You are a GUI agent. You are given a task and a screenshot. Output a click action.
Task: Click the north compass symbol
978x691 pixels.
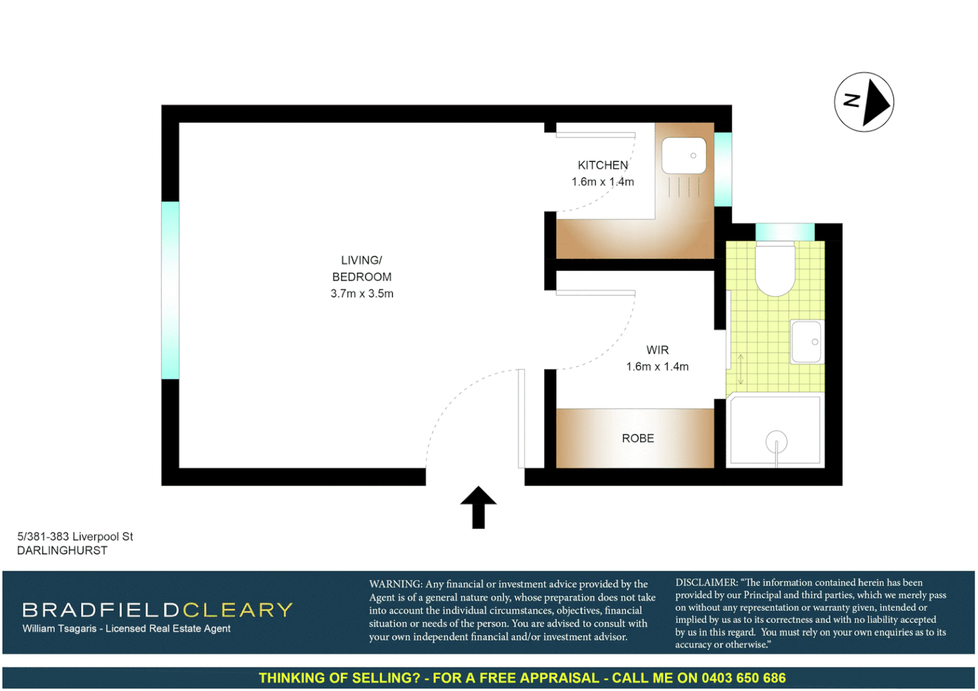click(x=863, y=102)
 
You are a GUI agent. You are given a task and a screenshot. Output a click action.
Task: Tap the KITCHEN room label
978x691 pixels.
click(x=602, y=165)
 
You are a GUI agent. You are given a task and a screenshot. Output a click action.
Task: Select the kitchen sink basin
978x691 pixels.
click(x=684, y=155)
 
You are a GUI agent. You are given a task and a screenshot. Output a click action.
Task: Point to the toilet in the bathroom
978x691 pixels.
click(x=775, y=269)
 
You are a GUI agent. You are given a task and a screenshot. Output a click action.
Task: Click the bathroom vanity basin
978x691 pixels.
click(x=806, y=342)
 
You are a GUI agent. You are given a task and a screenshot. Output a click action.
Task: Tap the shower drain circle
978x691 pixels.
click(x=776, y=441)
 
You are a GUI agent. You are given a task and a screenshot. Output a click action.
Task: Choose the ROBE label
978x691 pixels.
click(x=637, y=438)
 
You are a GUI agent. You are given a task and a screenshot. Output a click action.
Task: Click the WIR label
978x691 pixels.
click(x=657, y=350)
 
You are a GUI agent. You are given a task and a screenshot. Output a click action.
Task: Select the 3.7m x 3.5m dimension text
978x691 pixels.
click(x=362, y=294)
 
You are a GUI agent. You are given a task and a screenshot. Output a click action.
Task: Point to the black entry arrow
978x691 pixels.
click(x=478, y=507)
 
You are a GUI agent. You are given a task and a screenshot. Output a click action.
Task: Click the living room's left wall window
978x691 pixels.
click(x=170, y=290)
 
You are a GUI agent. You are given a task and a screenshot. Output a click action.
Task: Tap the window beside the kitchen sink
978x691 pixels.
click(x=723, y=170)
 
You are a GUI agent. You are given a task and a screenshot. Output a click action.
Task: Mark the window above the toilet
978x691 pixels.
click(x=785, y=232)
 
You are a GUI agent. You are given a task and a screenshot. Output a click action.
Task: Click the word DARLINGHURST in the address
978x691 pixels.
click(x=62, y=550)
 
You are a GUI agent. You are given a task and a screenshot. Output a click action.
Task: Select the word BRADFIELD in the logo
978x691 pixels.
click(x=101, y=610)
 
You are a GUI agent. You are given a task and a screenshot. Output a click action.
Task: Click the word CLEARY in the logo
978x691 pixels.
click(x=237, y=610)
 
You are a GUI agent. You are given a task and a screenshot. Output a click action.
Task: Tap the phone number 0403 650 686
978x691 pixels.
click(x=743, y=678)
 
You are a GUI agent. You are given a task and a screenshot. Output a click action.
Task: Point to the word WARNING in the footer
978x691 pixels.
click(x=395, y=584)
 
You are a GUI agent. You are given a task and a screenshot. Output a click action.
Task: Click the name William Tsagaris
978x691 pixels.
click(x=60, y=628)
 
